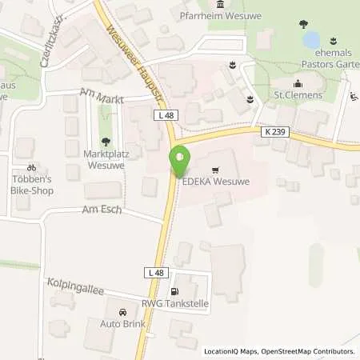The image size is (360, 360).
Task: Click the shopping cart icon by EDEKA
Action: coord(215,170)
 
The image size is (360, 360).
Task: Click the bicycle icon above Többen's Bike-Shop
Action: coord(31,168)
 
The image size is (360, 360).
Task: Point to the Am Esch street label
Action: coord(99,210)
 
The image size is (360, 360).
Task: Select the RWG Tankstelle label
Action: coord(184,302)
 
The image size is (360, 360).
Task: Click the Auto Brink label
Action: coord(122,326)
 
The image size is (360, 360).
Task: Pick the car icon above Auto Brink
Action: coord(122,313)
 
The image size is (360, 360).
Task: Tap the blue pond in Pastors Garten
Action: coord(310,38)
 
